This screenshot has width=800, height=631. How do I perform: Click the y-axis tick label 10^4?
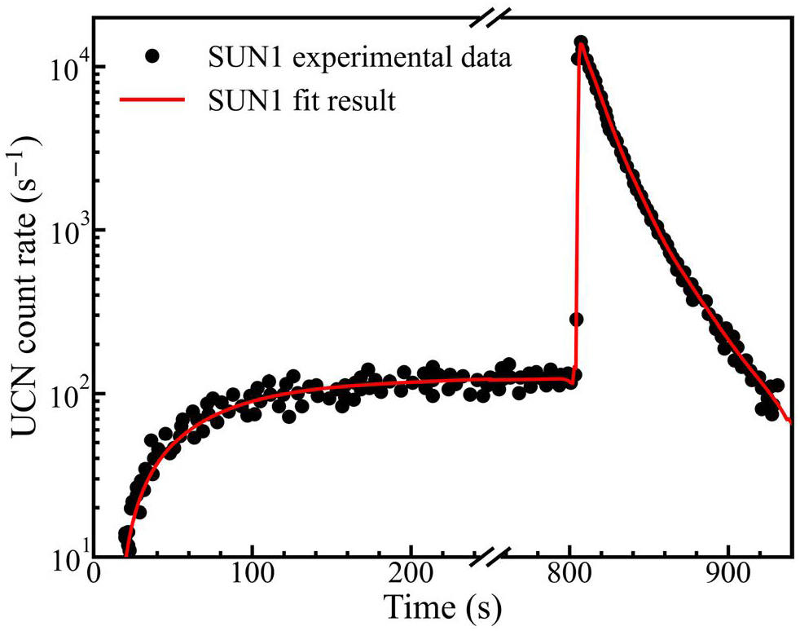pos(64,67)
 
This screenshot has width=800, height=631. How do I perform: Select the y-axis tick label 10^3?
pos(64,230)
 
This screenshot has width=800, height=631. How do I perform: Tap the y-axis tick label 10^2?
pos(64,393)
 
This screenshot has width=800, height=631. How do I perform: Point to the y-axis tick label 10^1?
pos(64,556)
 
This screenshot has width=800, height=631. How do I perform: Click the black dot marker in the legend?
pos(151,57)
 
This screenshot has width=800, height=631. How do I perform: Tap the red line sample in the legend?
pos(151,101)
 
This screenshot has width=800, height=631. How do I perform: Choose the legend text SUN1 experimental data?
pos(358,58)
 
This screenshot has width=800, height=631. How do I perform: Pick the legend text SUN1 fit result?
pos(301,102)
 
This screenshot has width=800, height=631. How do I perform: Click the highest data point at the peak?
pos(581,42)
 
